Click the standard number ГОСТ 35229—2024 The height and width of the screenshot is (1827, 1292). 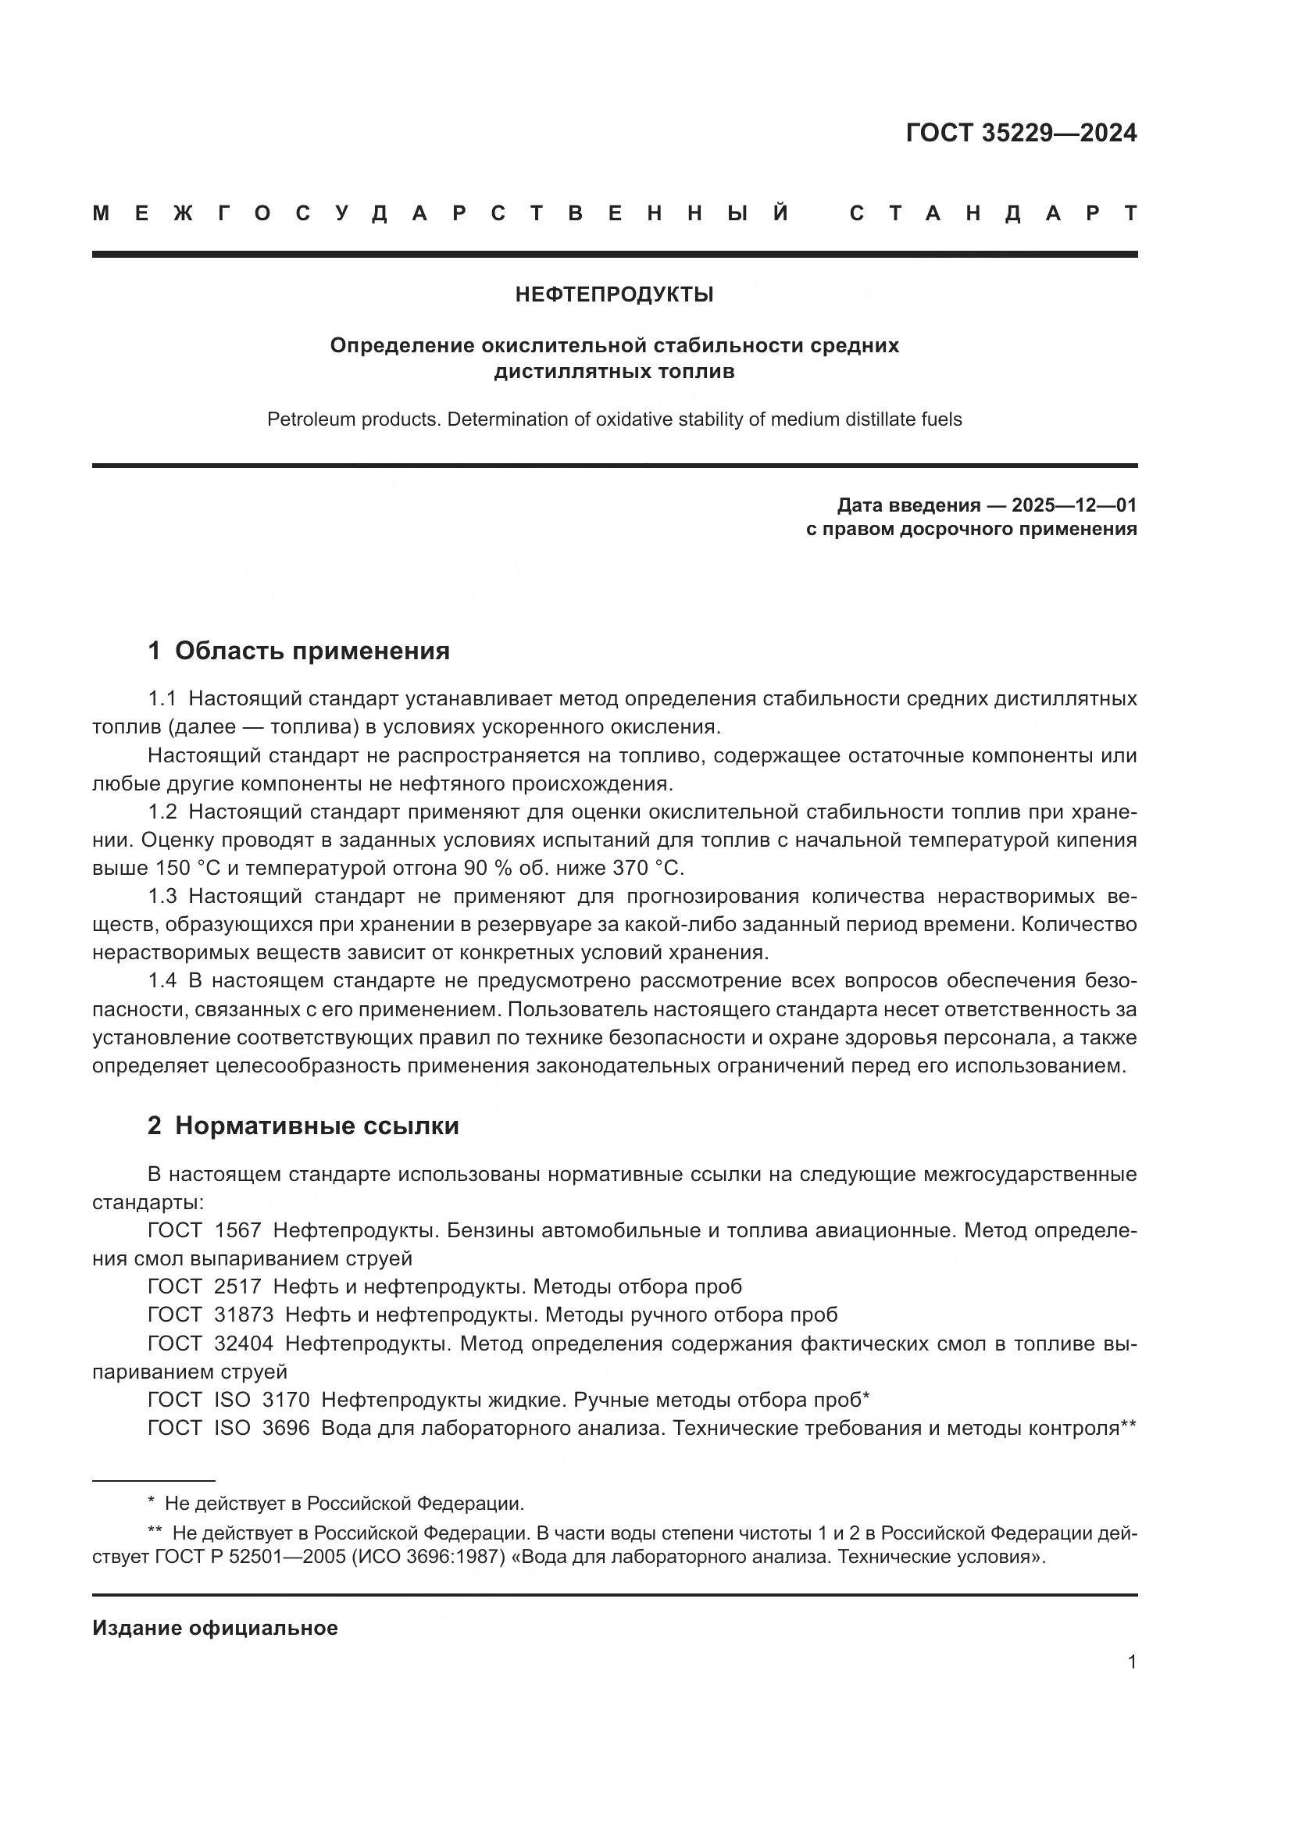click(1021, 133)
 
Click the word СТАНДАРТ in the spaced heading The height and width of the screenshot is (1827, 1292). click(993, 213)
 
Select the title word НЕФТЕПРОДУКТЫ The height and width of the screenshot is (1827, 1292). click(614, 294)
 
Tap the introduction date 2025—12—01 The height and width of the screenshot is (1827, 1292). click(1074, 505)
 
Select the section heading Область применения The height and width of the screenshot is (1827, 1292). click(312, 650)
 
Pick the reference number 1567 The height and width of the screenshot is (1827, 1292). click(237, 1230)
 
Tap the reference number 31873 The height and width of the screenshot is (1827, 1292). click(244, 1315)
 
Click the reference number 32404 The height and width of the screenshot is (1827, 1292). click(244, 1343)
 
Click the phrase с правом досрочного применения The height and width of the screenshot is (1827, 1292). click(971, 529)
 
